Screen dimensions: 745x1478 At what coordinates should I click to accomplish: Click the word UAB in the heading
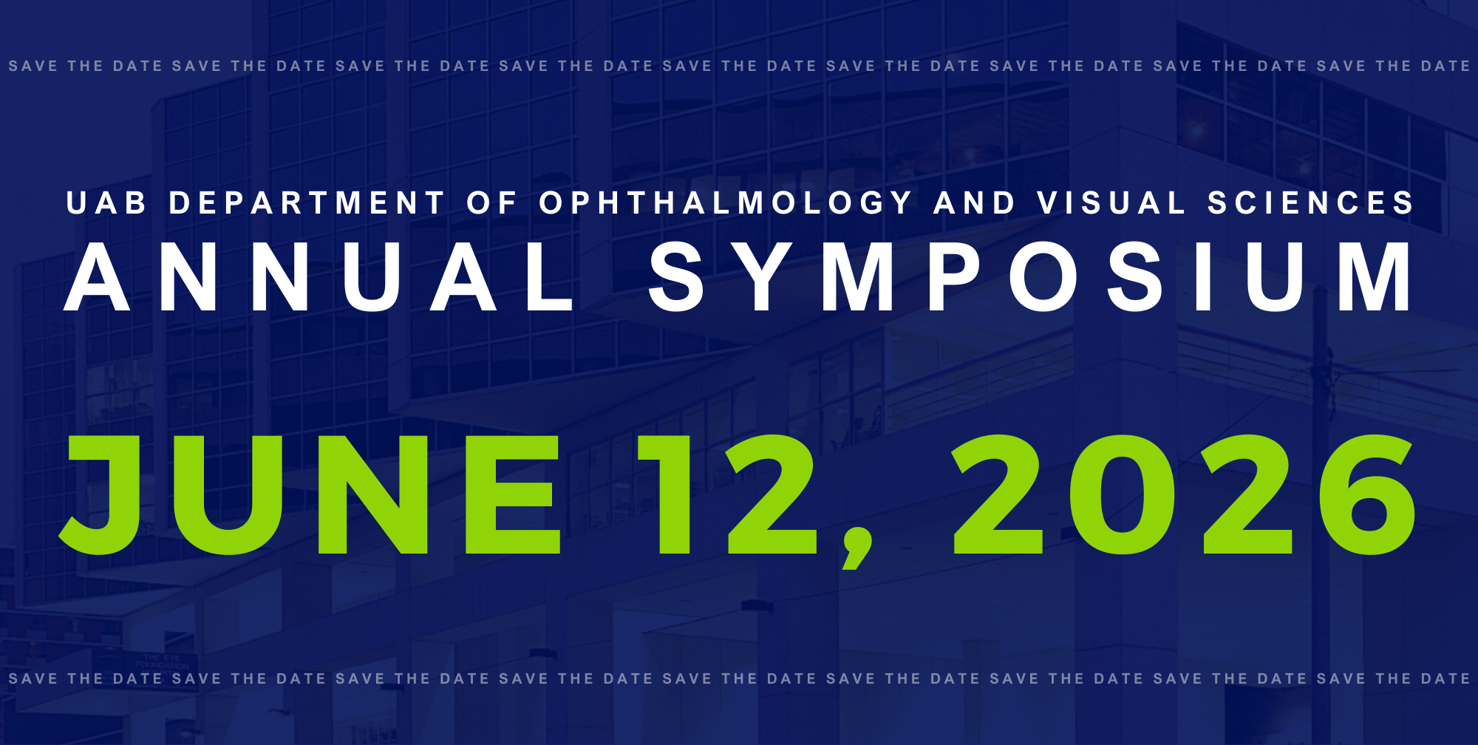coord(106,203)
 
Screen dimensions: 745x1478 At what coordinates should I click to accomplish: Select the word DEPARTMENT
coord(307,203)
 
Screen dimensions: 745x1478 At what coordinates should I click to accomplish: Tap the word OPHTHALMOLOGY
coord(726,203)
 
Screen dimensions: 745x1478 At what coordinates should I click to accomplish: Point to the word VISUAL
coord(1111,203)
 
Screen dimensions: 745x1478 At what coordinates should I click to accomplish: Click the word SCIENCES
coord(1310,203)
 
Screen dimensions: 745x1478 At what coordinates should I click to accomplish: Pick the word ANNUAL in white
coord(319,277)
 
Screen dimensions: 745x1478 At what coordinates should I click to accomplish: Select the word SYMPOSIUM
coord(1031,277)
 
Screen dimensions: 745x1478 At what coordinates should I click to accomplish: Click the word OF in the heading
coord(491,203)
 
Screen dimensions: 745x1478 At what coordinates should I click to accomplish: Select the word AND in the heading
coord(974,203)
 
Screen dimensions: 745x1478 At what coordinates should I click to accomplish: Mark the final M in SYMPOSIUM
coord(1375,277)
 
